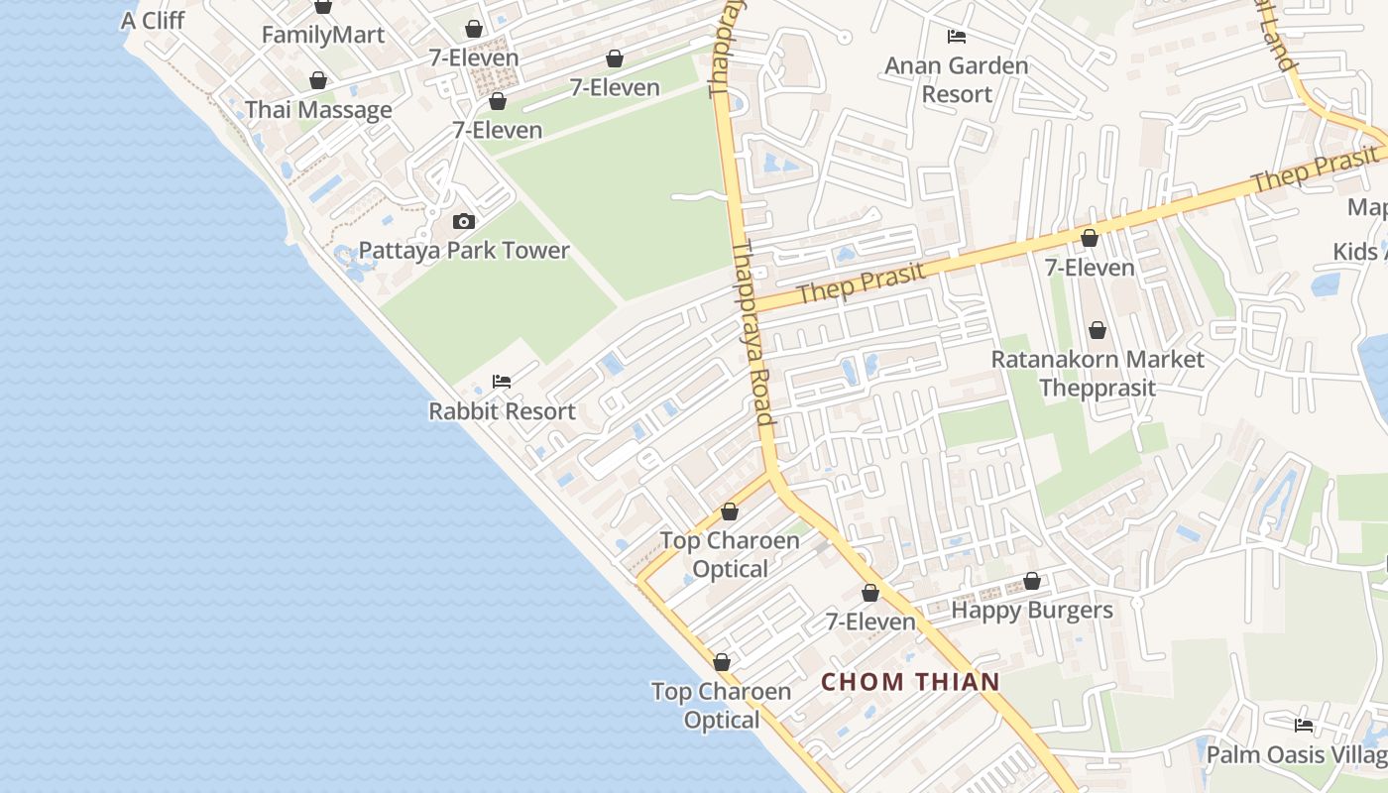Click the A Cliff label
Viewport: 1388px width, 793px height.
click(153, 20)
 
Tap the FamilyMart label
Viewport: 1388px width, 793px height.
click(322, 36)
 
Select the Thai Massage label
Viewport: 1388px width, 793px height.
click(318, 110)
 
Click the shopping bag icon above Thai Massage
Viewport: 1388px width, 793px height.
click(318, 80)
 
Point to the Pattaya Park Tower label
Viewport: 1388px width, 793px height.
click(464, 250)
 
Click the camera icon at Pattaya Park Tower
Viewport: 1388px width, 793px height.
click(463, 221)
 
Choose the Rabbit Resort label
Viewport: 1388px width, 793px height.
click(502, 410)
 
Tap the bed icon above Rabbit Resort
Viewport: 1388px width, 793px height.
click(502, 382)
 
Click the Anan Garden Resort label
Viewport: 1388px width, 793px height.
click(957, 80)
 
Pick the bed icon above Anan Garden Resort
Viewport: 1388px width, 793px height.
click(957, 37)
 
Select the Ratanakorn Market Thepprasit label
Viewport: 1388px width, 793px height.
click(1098, 373)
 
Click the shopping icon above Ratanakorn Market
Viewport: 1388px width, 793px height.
click(1098, 330)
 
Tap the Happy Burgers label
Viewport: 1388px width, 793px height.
click(1032, 610)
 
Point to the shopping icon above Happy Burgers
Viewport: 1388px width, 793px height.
click(1032, 581)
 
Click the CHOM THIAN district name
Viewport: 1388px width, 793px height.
click(910, 682)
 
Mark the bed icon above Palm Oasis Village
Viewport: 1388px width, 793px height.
click(1304, 726)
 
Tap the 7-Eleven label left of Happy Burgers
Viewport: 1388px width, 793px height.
click(870, 622)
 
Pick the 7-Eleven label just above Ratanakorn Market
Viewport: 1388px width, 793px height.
click(1090, 268)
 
